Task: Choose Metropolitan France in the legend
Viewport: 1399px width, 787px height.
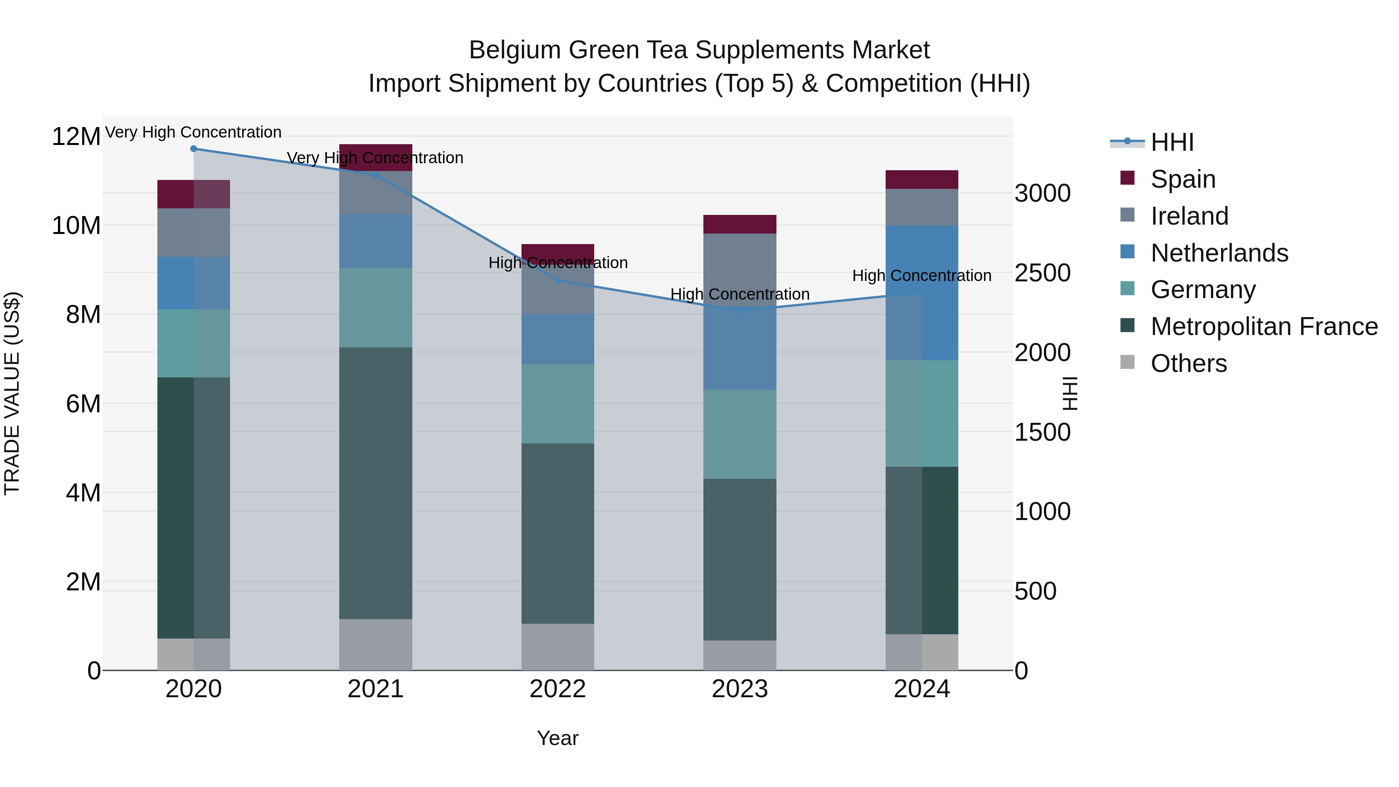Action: click(x=1263, y=326)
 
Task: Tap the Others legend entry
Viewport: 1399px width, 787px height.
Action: click(x=1188, y=363)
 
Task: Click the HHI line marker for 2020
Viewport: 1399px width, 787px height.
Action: click(x=194, y=149)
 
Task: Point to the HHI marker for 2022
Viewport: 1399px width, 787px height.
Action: click(x=558, y=280)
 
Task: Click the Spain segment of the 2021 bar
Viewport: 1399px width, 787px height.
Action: click(x=376, y=157)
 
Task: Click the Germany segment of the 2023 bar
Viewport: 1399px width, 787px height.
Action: click(x=740, y=434)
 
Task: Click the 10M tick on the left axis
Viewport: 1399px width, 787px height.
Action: click(x=76, y=225)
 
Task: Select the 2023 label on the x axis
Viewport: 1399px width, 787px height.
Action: click(x=740, y=689)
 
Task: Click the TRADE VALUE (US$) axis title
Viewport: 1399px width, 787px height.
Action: click(x=12, y=393)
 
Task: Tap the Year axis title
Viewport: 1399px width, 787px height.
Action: click(x=558, y=738)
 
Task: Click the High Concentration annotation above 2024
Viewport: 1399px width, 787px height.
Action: click(x=922, y=276)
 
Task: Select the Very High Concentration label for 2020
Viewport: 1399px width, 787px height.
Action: click(x=194, y=132)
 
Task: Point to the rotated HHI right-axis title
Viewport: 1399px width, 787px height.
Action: click(x=1069, y=393)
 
